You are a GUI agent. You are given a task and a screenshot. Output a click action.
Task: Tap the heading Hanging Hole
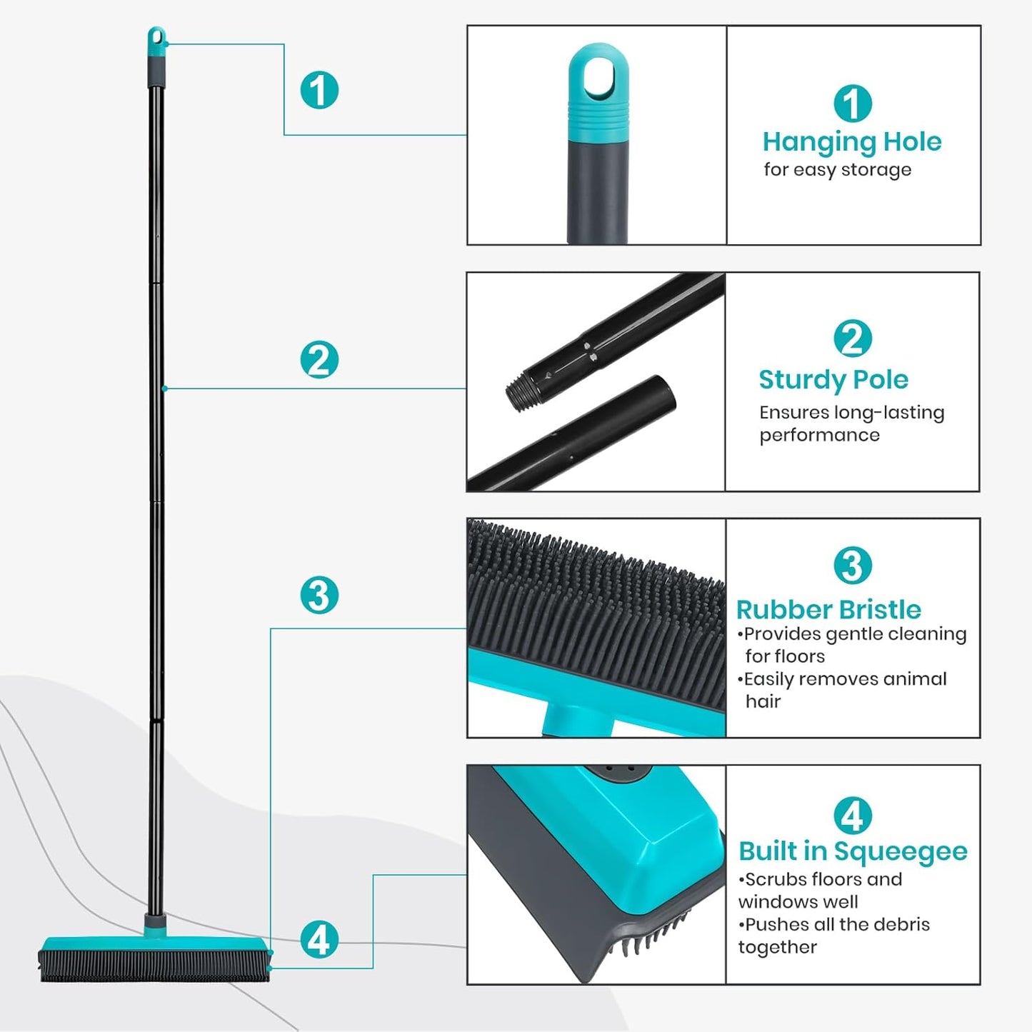[851, 141]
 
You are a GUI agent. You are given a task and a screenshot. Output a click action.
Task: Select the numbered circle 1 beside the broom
[319, 90]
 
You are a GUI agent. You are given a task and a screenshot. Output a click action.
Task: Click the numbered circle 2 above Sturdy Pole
[852, 338]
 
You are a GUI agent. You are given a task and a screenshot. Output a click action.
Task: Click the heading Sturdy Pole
[833, 379]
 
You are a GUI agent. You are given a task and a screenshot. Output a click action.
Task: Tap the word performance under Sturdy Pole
[819, 436]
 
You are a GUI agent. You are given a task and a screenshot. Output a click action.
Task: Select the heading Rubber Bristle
[828, 609]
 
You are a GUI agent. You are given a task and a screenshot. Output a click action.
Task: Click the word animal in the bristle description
[911, 678]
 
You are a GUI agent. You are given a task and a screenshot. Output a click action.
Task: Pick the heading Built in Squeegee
[852, 851]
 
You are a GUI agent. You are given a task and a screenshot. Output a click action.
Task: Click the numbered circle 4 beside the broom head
[319, 939]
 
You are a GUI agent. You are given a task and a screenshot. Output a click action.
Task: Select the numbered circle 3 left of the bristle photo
[319, 595]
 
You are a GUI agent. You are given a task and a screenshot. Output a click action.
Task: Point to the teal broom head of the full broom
[154, 944]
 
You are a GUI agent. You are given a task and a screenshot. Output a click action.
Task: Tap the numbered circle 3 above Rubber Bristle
[852, 565]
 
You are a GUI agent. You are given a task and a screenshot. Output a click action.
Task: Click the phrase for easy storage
[837, 170]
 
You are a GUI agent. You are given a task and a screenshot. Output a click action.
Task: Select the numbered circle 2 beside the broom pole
[319, 359]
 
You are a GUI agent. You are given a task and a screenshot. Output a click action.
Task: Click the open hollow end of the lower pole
[663, 394]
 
